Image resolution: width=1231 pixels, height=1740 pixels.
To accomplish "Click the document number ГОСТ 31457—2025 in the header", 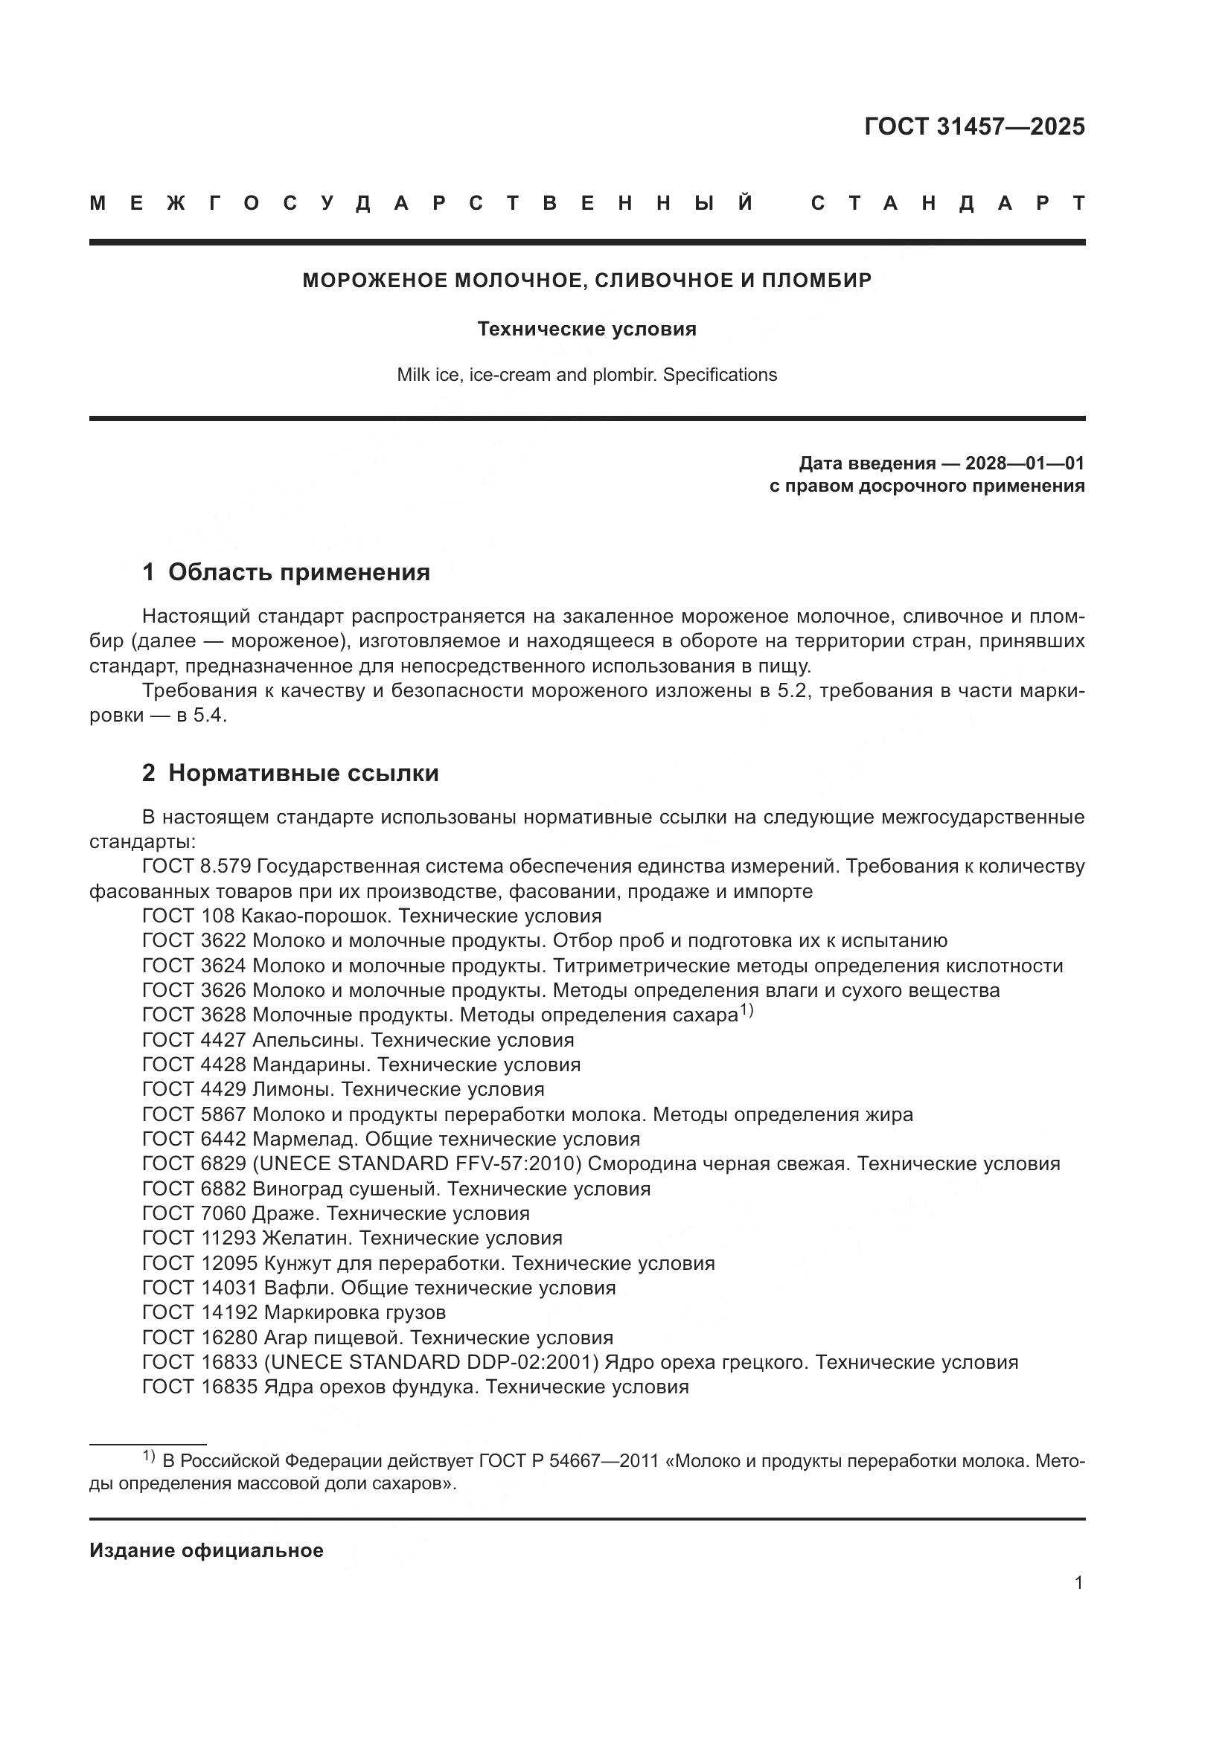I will click(974, 126).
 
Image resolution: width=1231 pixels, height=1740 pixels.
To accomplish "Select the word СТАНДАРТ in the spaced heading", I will click(947, 203).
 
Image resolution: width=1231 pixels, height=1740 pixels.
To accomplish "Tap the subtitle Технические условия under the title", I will click(586, 329).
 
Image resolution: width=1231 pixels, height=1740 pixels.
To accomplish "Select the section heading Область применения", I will click(298, 572).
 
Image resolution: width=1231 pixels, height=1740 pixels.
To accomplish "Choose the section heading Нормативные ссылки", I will click(303, 773).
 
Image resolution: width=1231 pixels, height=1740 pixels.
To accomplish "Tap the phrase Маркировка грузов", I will click(355, 1312).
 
